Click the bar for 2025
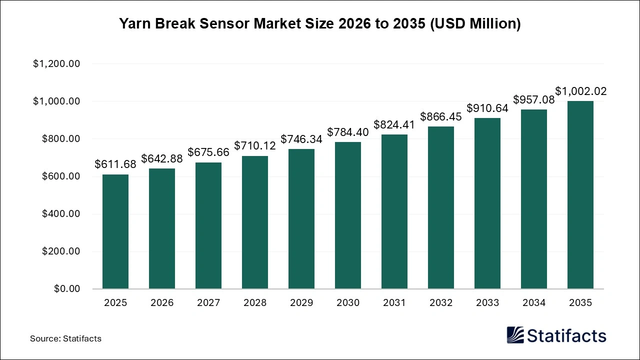pos(115,231)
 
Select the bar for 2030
pos(348,215)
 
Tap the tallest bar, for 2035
pos(580,195)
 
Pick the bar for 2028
pos(255,222)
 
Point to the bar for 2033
pos(487,203)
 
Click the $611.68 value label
pos(115,164)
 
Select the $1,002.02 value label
pos(580,91)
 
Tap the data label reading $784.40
pos(348,132)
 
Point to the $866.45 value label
pos(441,116)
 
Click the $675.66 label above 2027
pos(208,152)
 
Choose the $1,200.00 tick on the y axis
pos(56,64)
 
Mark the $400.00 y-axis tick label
pos(59,214)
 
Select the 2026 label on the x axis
pos(162,303)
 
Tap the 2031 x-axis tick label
pos(394,303)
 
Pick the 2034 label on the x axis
pos(534,303)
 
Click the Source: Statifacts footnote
pos(65,338)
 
